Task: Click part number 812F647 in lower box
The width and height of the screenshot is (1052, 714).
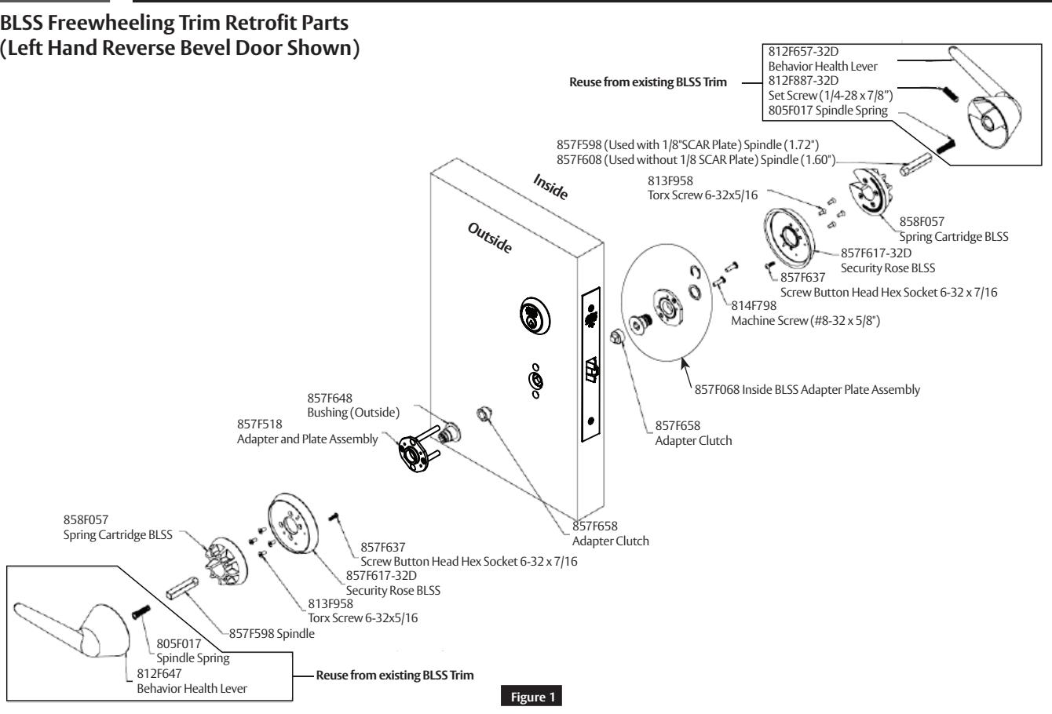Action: (155, 672)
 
